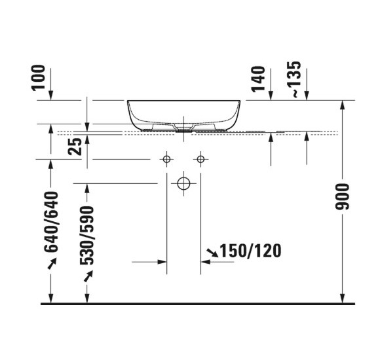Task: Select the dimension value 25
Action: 77,145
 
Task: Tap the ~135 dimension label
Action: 295,79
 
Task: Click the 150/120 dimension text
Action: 251,251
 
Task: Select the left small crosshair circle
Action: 167,159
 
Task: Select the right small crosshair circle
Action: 200,159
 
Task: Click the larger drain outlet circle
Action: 184,183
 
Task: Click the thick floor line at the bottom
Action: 197,304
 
